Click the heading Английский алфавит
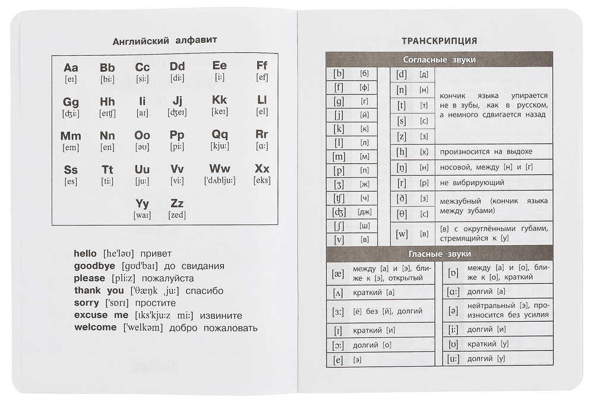165,40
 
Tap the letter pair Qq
220,134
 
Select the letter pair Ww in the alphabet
220,169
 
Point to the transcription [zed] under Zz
177,215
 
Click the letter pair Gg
71,101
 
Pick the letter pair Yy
143,204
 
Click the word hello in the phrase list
85,253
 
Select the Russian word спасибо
204,291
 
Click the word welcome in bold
96,328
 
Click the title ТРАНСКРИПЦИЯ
439,41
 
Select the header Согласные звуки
439,60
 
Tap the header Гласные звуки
440,254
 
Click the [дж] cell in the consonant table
364,212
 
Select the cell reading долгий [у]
486,358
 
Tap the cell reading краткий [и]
374,330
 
